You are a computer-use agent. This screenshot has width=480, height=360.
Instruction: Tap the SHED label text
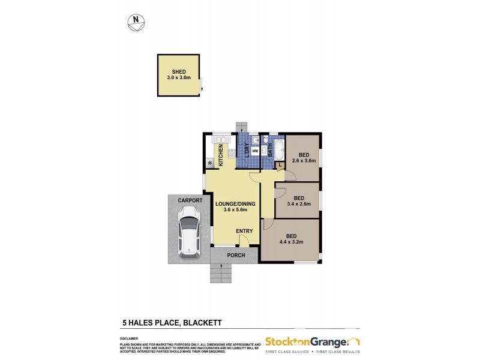(x=179, y=72)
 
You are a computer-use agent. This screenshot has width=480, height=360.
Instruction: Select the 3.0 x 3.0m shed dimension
(x=179, y=78)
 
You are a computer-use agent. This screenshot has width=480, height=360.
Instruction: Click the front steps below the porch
(x=221, y=274)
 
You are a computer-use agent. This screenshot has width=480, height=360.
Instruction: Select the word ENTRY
(x=244, y=231)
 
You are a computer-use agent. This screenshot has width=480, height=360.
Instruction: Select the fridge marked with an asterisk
(x=209, y=163)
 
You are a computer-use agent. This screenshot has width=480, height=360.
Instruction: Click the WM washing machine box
(x=255, y=151)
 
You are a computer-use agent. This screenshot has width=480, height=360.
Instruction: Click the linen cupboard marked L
(x=279, y=164)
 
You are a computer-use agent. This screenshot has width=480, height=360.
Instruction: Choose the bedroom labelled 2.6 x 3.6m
(x=303, y=157)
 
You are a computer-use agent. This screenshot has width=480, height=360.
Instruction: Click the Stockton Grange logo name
(x=306, y=341)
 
